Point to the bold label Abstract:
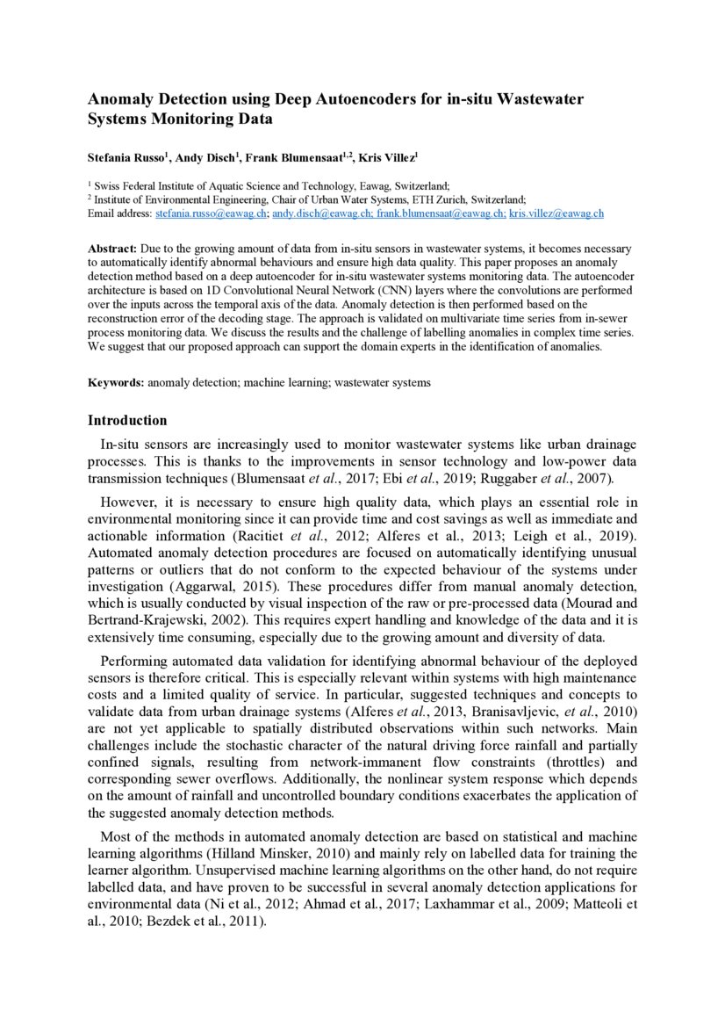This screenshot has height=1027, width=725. (x=112, y=250)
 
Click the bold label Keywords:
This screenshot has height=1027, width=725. (x=116, y=383)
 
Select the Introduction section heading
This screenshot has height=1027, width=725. (x=127, y=420)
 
